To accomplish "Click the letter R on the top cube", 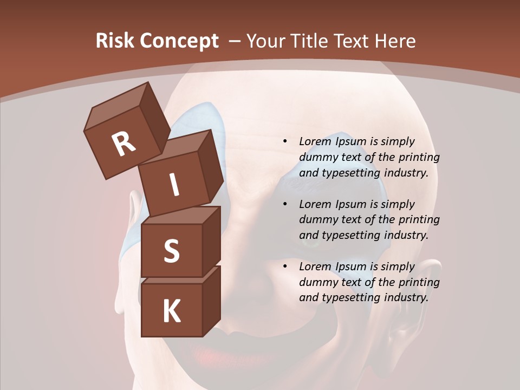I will point(123,144).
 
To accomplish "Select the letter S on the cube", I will point(171,251).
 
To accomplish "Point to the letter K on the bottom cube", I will point(171,311).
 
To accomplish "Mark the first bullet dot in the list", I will point(285,142).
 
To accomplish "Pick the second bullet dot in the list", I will point(285,205).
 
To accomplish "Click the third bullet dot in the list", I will point(285,267).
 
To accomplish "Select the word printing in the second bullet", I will point(419,220).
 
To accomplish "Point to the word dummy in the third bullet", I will point(316,282).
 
